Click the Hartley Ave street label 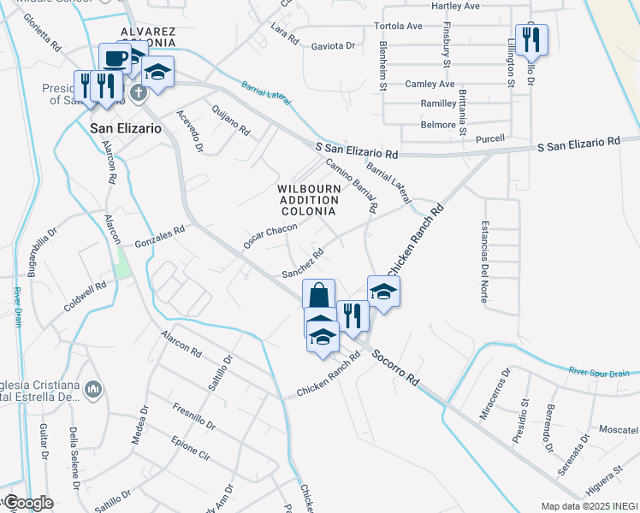(455, 6)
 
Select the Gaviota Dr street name (333, 45)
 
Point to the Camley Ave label (430, 84)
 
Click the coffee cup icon (116, 58)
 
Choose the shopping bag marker (318, 296)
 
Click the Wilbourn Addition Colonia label (309, 199)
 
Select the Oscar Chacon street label (270, 236)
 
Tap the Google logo (28, 503)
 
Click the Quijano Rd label (232, 125)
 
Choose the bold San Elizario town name (125, 128)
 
